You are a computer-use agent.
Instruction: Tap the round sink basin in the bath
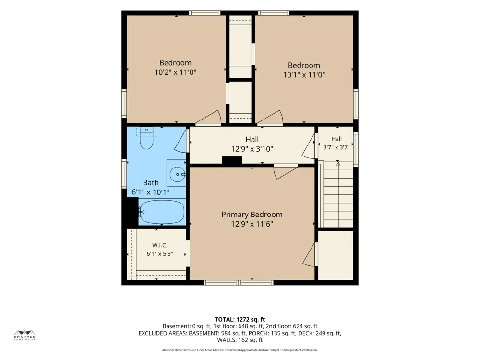pyautogui.click(x=178, y=175)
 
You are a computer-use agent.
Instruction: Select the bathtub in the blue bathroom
pyautogui.click(x=162, y=212)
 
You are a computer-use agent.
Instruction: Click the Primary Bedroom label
pyautogui.click(x=252, y=214)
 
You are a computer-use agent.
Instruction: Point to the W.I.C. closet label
pyautogui.click(x=160, y=245)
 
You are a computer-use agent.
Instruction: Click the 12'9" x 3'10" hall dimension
pyautogui.click(x=252, y=149)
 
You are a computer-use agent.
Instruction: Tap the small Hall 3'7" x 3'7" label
pyautogui.click(x=336, y=143)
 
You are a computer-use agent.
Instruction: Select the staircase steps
pyautogui.click(x=338, y=195)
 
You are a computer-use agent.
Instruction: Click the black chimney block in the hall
pyautogui.click(x=232, y=161)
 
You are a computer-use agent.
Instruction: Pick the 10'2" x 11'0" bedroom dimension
pyautogui.click(x=175, y=72)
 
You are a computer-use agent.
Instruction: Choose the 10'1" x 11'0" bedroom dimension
pyautogui.click(x=304, y=75)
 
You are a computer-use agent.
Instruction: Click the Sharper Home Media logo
pyautogui.click(x=25, y=336)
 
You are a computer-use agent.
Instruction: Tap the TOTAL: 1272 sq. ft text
pyautogui.click(x=240, y=320)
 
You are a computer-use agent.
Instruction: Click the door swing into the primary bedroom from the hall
pyautogui.click(x=285, y=171)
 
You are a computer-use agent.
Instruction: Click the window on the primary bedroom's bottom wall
pyautogui.click(x=239, y=283)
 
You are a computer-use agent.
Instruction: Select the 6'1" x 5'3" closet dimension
pyautogui.click(x=160, y=254)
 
